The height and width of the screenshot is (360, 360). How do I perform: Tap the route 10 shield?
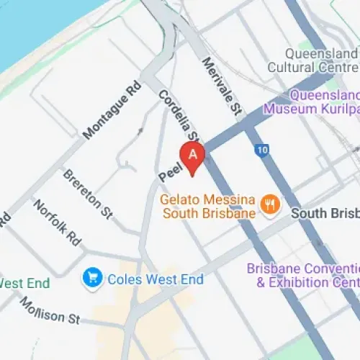(x=261, y=150)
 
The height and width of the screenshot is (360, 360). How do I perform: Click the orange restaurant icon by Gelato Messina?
(x=271, y=204)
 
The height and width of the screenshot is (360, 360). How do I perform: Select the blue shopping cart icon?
(x=92, y=277)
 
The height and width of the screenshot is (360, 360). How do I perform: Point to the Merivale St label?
(x=222, y=87)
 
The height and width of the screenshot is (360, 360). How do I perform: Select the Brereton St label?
(x=88, y=193)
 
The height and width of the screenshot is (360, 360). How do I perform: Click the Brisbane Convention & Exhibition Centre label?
(x=302, y=275)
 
